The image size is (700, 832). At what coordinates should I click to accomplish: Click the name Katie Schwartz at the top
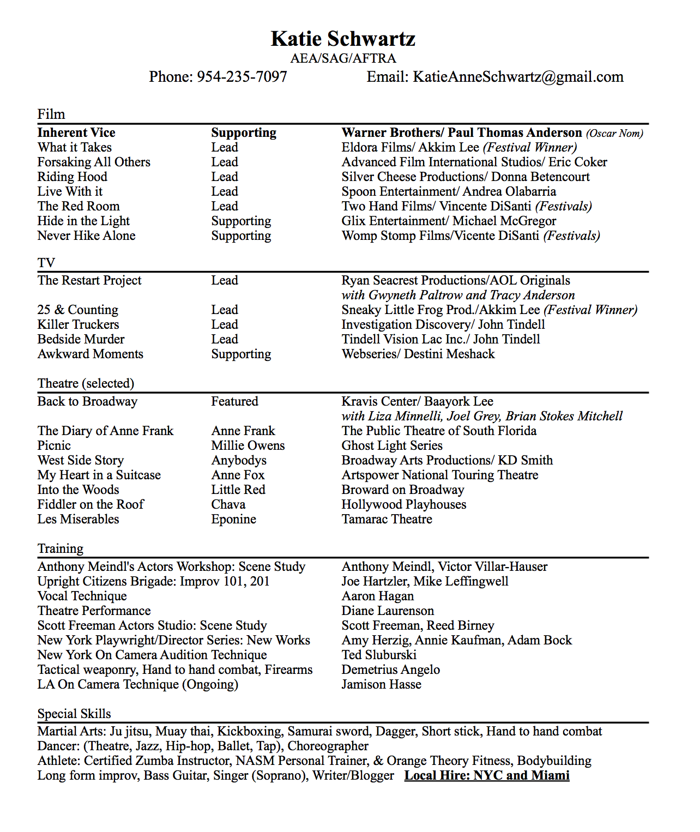pyautogui.click(x=343, y=39)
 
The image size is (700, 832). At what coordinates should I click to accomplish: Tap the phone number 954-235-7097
pyautogui.click(x=242, y=77)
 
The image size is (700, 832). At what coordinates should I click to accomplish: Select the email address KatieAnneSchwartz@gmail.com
pyautogui.click(x=518, y=77)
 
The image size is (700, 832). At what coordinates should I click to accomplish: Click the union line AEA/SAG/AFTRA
pyautogui.click(x=343, y=58)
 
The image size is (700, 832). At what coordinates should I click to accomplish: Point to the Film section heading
pyautogui.click(x=51, y=114)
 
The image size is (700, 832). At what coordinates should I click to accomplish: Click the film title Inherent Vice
pyautogui.click(x=76, y=133)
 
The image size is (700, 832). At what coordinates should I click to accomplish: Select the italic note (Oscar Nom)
pyautogui.click(x=614, y=134)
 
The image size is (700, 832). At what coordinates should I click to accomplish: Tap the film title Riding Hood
pyautogui.click(x=72, y=177)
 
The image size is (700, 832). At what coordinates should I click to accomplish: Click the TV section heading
pyautogui.click(x=46, y=263)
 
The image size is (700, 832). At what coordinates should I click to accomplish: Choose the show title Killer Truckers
pyautogui.click(x=78, y=325)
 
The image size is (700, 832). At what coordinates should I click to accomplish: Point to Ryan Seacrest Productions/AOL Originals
pyautogui.click(x=456, y=281)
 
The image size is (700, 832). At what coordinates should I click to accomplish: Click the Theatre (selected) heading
pyautogui.click(x=86, y=384)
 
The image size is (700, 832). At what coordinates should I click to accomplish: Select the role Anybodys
pyautogui.click(x=239, y=461)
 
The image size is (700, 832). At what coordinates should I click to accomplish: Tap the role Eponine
pyautogui.click(x=233, y=520)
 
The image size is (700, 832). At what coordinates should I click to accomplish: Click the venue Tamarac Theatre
pyautogui.click(x=387, y=520)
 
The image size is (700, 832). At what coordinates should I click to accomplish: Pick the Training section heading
pyautogui.click(x=61, y=549)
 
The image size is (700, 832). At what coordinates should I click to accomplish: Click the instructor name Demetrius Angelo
pyautogui.click(x=390, y=670)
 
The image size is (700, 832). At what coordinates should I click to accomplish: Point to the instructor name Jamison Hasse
pyautogui.click(x=381, y=685)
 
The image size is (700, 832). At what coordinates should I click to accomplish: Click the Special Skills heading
pyautogui.click(x=74, y=714)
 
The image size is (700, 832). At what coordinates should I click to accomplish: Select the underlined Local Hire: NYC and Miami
pyautogui.click(x=487, y=776)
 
